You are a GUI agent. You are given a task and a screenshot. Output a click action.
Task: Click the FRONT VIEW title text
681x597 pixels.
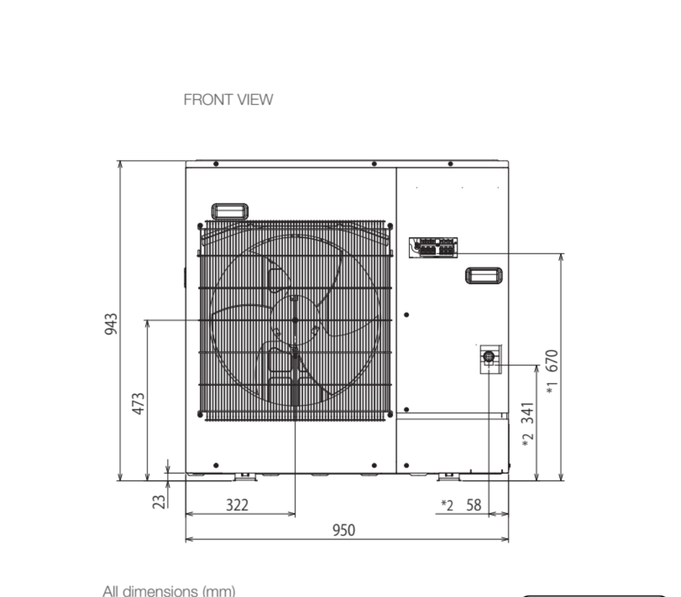click(228, 100)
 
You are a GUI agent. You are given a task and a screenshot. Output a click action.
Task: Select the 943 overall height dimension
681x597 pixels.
click(110, 324)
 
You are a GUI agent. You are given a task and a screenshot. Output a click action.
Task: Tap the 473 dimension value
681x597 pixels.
click(138, 404)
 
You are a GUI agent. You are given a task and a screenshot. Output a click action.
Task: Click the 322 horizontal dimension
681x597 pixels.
click(237, 505)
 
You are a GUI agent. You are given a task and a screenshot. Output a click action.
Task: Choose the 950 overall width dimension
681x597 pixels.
click(344, 530)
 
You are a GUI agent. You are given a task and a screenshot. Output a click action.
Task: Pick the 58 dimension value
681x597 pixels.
click(474, 505)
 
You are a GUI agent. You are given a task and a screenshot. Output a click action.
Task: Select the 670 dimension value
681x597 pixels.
click(552, 361)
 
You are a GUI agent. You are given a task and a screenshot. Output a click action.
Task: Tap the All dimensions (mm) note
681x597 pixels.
click(169, 591)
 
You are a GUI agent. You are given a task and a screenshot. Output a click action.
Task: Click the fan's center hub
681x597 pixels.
click(295, 321)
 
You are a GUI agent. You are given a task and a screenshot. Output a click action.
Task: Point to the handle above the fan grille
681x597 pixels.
click(230, 211)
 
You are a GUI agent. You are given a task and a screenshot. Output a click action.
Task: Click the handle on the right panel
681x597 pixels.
click(484, 276)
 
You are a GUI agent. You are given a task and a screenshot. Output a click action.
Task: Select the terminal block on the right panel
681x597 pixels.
click(433, 247)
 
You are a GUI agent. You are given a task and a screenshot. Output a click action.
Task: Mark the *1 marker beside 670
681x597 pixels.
click(552, 389)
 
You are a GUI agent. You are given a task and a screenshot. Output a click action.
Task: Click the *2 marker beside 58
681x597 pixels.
click(446, 505)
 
